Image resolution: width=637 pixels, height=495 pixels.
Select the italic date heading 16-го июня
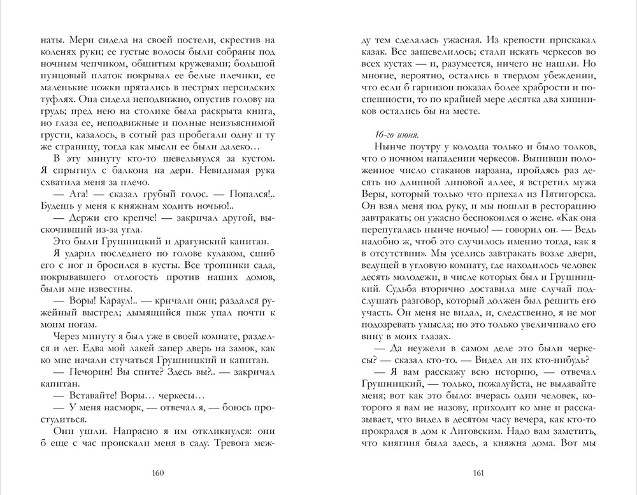click(x=384, y=133)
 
